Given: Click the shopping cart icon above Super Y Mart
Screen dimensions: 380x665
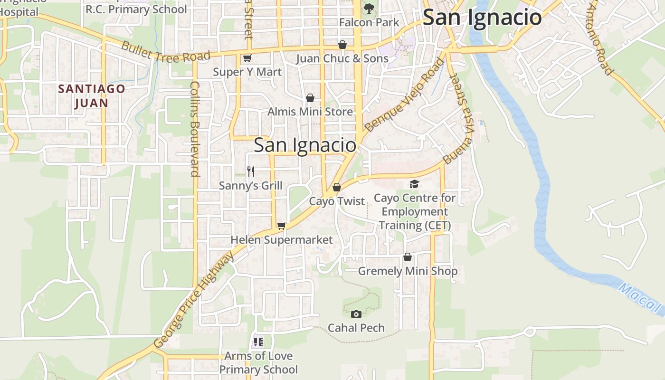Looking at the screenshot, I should (x=247, y=58).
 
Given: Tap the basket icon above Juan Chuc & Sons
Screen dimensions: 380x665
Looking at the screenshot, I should (x=342, y=45).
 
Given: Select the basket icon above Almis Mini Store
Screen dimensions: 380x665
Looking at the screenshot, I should (x=310, y=98).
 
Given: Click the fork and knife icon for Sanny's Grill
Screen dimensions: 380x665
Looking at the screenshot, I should (x=251, y=171).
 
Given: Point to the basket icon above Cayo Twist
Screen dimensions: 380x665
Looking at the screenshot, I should (x=337, y=187).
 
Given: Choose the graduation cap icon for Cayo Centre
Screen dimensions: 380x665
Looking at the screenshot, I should (x=415, y=184).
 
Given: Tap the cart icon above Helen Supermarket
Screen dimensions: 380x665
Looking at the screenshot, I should (x=282, y=226).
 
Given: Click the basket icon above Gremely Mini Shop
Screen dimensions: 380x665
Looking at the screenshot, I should (x=408, y=257).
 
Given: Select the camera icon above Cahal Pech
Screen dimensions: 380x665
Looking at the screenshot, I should (x=356, y=314).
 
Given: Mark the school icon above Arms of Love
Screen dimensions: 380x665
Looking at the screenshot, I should (x=258, y=342).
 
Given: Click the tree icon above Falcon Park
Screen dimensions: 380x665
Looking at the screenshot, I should (x=369, y=8).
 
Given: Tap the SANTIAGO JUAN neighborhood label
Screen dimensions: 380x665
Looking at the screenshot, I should (x=92, y=95).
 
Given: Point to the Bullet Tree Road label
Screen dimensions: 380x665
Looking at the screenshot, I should (x=165, y=52).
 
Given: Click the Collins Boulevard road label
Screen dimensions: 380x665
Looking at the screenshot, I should (x=195, y=128).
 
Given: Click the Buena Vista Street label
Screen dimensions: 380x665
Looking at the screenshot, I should (x=459, y=118).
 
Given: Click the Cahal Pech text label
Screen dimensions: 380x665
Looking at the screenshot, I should (x=356, y=328).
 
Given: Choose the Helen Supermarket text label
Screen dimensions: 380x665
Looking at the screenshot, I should (x=282, y=240).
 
